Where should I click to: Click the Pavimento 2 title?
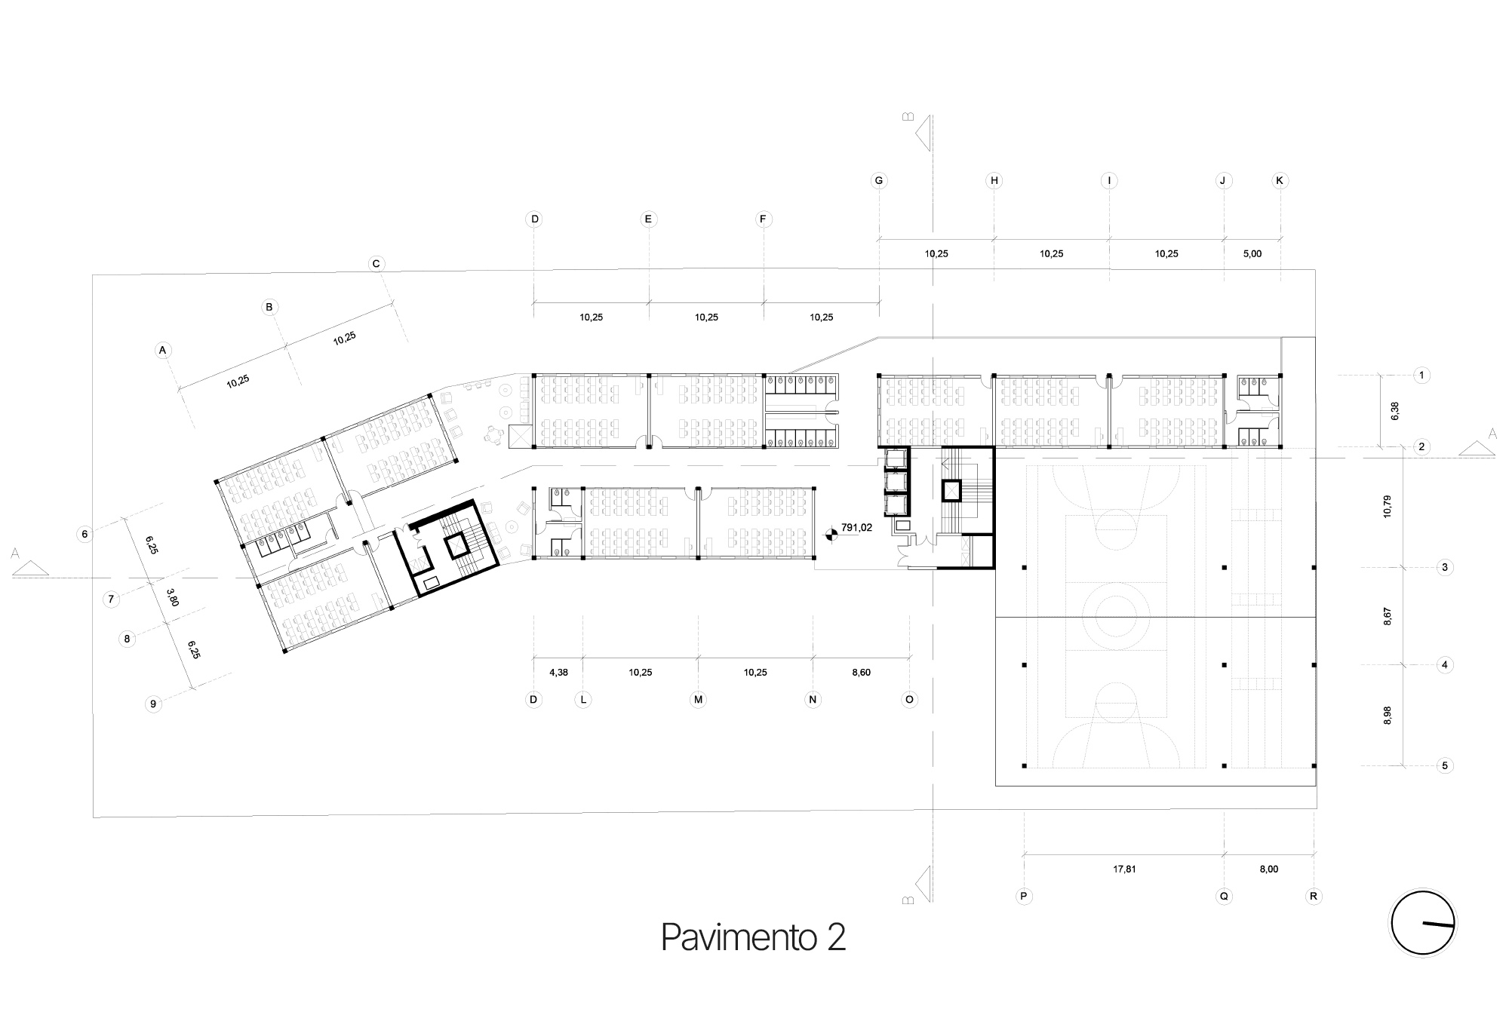[753, 937]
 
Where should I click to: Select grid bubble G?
[879, 181]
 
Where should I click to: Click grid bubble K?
[1280, 181]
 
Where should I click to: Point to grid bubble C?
[376, 264]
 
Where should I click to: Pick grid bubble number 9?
[153, 704]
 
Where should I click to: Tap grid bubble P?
[1025, 897]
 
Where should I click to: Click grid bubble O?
[910, 700]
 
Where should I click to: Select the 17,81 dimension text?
[1124, 869]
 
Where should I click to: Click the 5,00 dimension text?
[1252, 254]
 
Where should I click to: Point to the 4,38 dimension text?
[558, 673]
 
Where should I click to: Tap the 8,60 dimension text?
[861, 673]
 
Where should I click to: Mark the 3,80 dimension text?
[173, 597]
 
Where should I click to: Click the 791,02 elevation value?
[856, 528]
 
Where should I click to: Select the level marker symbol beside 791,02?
[831, 535]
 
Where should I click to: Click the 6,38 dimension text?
[1394, 411]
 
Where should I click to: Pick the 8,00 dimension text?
[1269, 869]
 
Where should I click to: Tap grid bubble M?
[698, 700]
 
